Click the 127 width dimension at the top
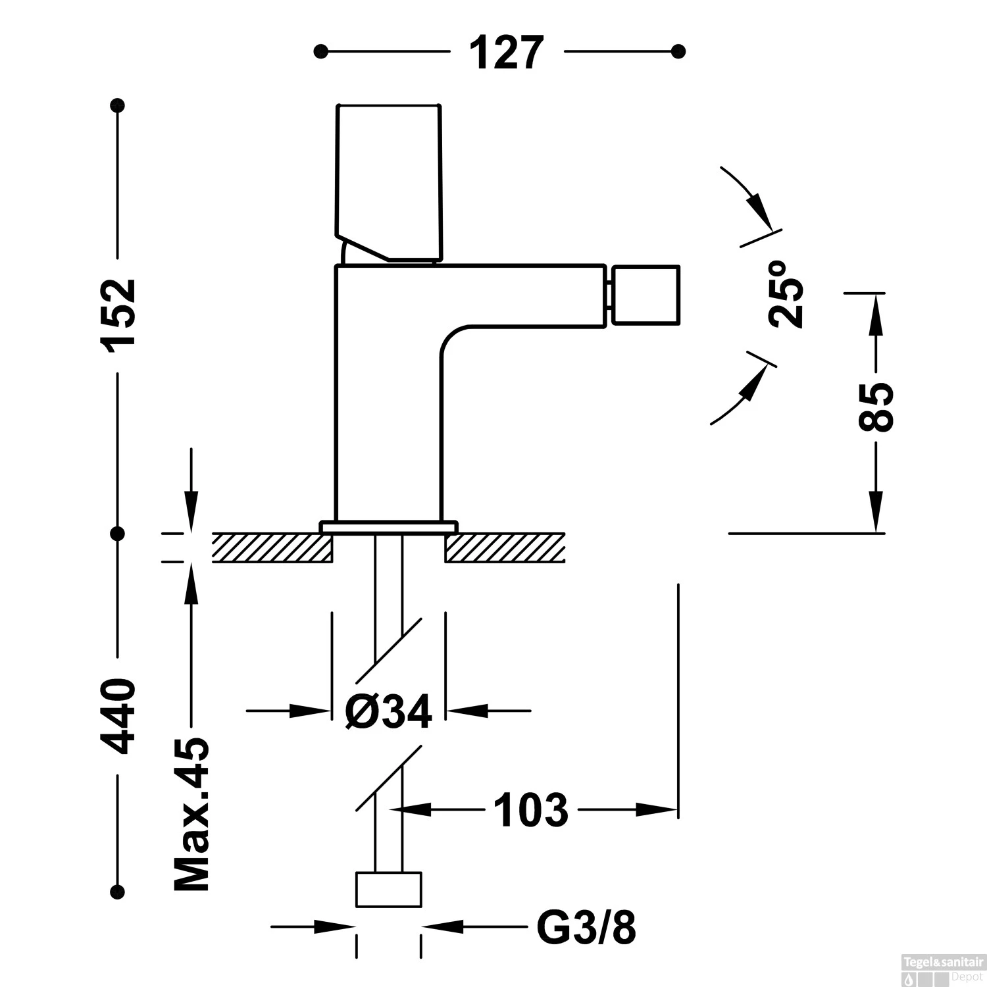click(506, 52)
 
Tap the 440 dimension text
click(119, 716)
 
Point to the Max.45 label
click(191, 814)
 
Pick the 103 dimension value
click(530, 810)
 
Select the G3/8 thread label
click(586, 928)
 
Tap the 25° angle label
click(786, 293)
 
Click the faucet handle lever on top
click(388, 181)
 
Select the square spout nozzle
click(645, 295)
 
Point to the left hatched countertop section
click(272, 547)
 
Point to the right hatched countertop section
click(505, 547)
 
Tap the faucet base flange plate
click(388, 526)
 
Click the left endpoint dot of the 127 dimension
click(320, 51)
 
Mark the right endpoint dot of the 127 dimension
click(679, 51)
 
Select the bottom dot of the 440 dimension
click(118, 891)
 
